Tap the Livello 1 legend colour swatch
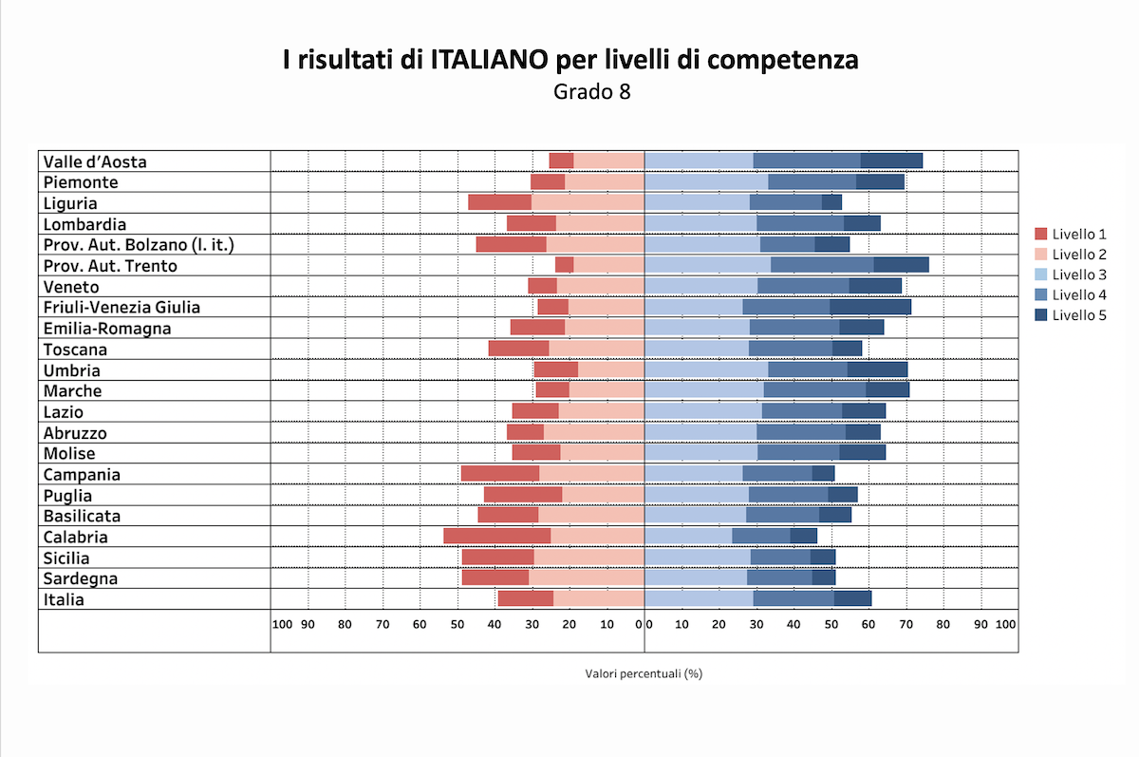point(1041,234)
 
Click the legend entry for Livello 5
point(1079,315)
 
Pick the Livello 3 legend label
point(1079,274)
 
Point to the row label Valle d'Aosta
point(95,161)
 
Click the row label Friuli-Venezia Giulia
point(121,307)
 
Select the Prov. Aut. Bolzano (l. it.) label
point(139,244)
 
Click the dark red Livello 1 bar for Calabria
point(496,537)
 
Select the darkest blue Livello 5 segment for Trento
point(901,265)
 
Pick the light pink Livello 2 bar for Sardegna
point(586,577)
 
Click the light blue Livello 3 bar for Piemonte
point(706,181)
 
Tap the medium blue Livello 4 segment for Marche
point(814,389)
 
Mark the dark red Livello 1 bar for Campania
point(499,473)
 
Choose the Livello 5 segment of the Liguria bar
point(831,202)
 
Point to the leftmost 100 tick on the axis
point(282,624)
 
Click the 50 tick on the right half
point(831,624)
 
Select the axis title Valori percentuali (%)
point(644,673)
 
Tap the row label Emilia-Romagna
point(107,328)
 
